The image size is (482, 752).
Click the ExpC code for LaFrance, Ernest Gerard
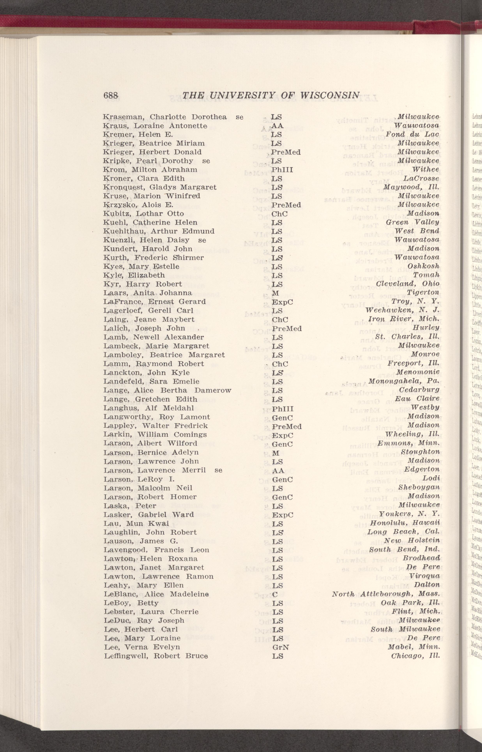click(x=283, y=302)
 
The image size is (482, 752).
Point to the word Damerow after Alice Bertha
click(x=213, y=390)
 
